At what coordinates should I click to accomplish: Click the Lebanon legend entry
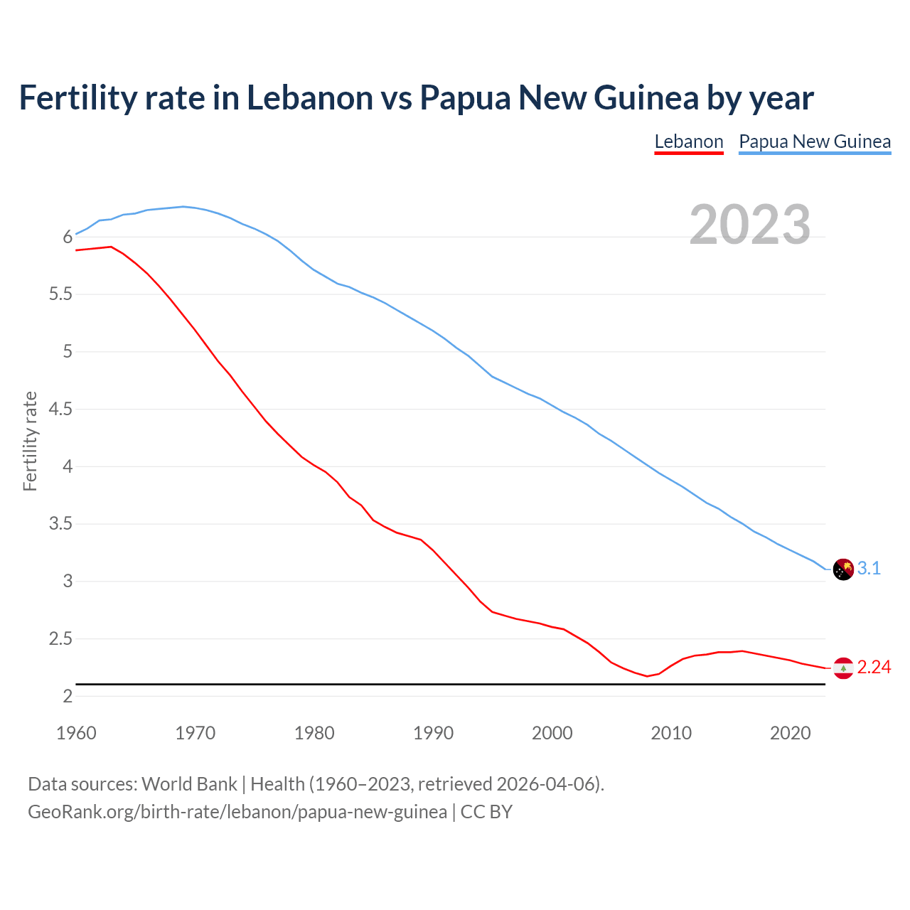[688, 141]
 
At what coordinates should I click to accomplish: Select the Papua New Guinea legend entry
[815, 141]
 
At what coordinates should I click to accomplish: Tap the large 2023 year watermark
[749, 225]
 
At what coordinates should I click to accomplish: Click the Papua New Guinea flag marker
[843, 569]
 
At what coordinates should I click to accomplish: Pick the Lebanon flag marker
[843, 668]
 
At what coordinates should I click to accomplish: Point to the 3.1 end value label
[869, 568]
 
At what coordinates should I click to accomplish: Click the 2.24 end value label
[874, 667]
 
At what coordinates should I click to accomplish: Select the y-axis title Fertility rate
[30, 441]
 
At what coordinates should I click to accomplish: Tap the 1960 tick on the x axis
[76, 733]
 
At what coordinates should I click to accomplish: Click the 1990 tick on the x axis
[433, 733]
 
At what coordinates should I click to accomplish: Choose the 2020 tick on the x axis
[790, 733]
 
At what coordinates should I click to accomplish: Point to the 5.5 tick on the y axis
[61, 294]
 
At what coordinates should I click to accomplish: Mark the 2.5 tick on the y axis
[61, 639]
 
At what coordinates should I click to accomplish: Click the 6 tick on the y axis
[68, 237]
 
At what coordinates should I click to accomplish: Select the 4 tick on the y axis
[68, 467]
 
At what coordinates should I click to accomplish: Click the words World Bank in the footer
[189, 784]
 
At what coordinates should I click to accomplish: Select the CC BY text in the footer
[486, 812]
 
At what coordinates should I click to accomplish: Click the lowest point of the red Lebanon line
[647, 676]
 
